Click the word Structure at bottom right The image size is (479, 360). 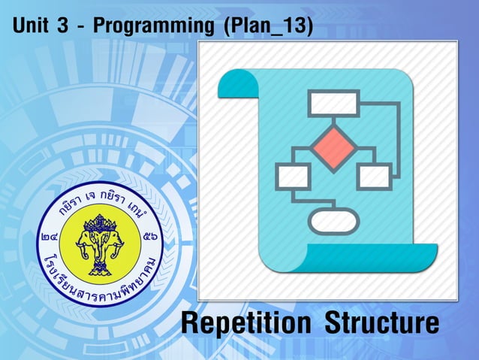[381, 325]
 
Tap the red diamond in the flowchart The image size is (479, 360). [334, 147]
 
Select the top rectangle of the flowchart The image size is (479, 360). [334, 103]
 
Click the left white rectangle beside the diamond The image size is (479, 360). [293, 177]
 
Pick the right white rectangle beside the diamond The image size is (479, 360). [373, 177]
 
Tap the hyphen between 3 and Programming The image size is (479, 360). [81, 27]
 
